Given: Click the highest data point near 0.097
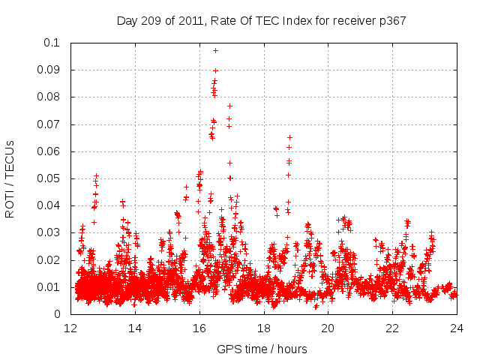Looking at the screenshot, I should pos(215,50).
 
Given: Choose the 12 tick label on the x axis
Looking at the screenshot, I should pos(70,328).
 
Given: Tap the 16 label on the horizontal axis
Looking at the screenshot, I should pos(199,328).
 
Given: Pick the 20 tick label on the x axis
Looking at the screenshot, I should pos(328,328).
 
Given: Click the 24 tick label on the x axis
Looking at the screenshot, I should pos(457,328).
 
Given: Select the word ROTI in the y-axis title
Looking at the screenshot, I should pos(10,202).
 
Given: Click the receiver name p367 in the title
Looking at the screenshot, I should pos(391,21).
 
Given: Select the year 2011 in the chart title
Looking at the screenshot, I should pos(194,21).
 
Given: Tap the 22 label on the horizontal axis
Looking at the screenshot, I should pos(393,328).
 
